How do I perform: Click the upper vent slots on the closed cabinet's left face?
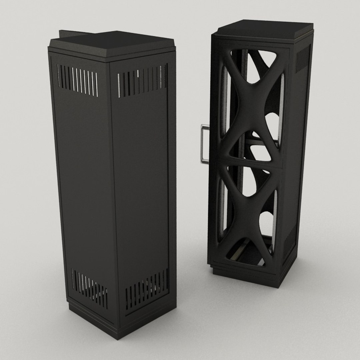(x=78, y=80)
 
